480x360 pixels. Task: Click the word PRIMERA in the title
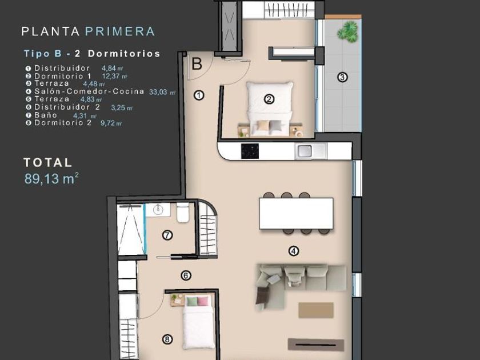120,31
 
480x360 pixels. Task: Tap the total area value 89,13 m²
51,179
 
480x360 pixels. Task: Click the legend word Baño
46,115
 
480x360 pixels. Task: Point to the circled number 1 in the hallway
199,95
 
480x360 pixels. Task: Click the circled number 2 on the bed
269,99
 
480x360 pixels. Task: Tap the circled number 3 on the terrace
342,77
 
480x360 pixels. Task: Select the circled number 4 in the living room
294,251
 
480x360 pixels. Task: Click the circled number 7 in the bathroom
167,235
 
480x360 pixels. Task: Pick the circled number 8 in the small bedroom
167,339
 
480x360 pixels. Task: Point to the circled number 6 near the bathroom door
186,275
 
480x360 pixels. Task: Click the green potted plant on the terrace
348,31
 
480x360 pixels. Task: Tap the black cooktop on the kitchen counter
250,151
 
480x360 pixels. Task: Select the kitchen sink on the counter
305,151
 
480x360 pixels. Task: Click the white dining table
296,213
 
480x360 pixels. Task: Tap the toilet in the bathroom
183,212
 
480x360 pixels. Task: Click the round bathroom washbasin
158,209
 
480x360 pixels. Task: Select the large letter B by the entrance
197,63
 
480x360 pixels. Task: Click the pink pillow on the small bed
203,301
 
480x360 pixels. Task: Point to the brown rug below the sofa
316,310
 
